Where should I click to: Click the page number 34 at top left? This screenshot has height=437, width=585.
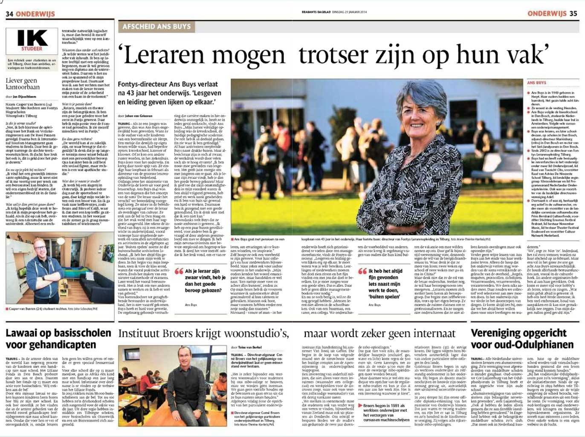[9, 14]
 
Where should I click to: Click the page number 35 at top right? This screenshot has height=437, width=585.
[573, 13]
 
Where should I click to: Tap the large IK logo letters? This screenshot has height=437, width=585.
[32, 38]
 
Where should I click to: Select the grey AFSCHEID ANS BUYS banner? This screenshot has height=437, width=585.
[156, 26]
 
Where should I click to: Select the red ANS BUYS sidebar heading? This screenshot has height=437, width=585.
[536, 82]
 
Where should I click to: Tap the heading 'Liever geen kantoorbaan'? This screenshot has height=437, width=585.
[23, 84]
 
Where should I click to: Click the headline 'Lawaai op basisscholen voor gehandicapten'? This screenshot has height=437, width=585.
[58, 338]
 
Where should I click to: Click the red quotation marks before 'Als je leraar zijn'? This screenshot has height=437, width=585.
[179, 271]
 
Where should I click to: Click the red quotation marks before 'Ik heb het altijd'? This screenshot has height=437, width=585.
[362, 271]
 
